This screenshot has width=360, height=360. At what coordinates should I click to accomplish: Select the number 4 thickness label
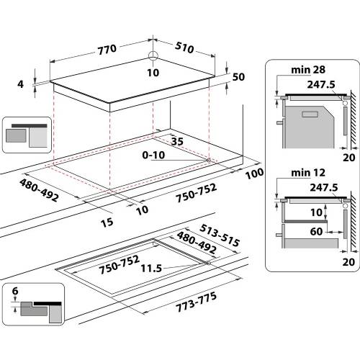(x=21, y=84)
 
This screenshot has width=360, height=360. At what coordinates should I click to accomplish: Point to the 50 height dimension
(x=238, y=76)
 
